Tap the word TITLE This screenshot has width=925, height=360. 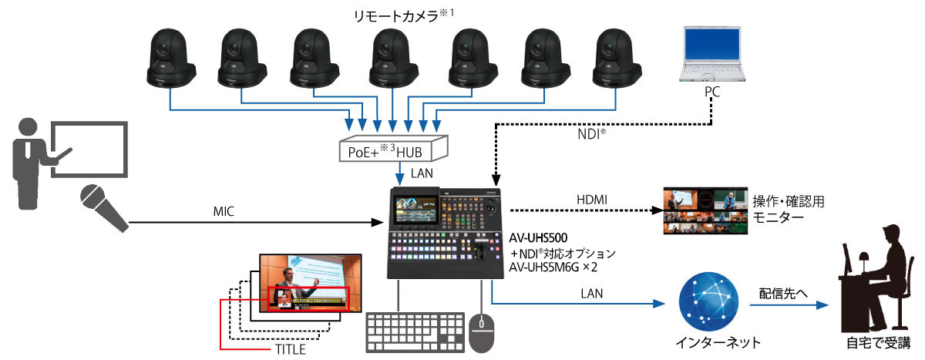point(290,350)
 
